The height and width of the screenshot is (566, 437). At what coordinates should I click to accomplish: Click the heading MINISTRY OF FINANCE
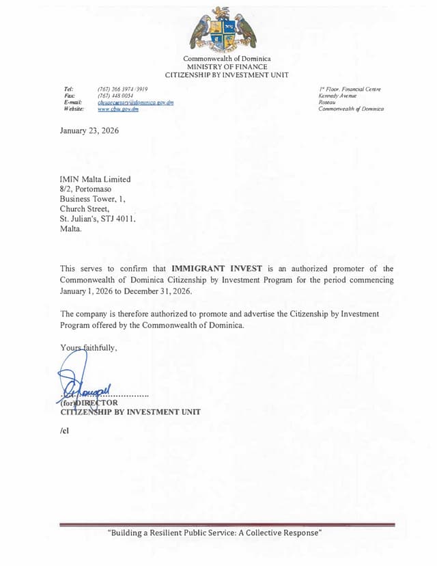point(218,67)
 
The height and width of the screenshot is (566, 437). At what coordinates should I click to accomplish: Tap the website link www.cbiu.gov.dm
point(118,109)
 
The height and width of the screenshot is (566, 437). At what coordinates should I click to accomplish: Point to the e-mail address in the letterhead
point(135,102)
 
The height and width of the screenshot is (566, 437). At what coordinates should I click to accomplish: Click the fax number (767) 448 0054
point(115,96)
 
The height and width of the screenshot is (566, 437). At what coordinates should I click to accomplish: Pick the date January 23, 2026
point(89,131)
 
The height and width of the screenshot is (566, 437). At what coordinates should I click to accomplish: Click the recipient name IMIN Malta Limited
point(95,180)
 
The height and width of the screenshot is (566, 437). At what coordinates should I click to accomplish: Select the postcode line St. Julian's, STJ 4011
point(98,219)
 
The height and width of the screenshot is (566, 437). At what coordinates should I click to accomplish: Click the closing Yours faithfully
point(89,348)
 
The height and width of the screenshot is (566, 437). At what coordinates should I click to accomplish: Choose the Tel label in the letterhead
point(68,90)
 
